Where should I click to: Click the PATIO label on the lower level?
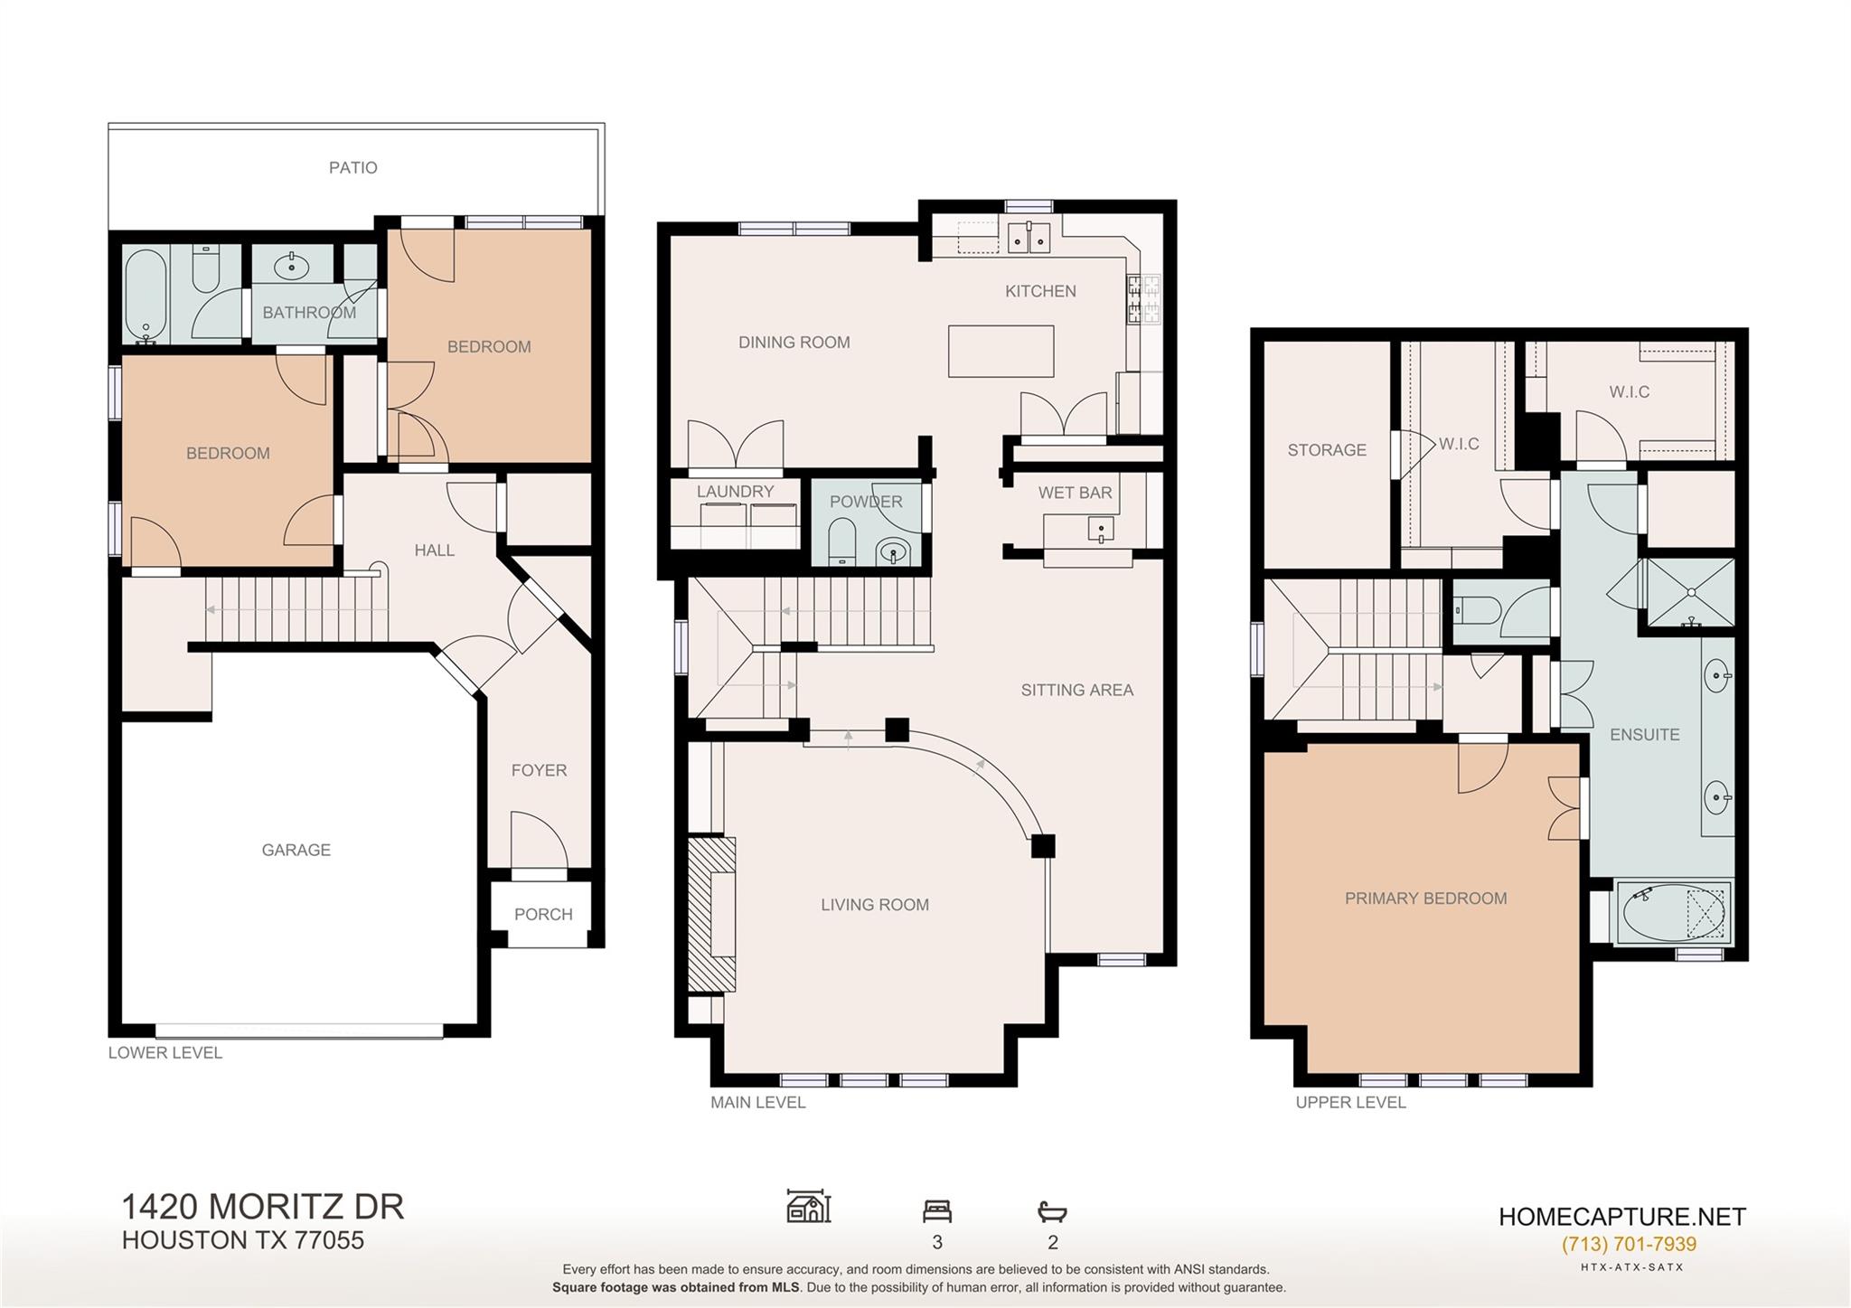[352, 167]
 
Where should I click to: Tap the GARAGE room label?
[296, 850]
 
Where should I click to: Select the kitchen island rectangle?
[1001, 351]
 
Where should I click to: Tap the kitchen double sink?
[1029, 237]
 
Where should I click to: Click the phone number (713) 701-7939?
[1629, 1244]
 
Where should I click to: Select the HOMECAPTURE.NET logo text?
[1622, 1217]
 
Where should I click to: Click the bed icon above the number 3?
[937, 1210]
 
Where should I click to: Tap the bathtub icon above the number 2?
[1052, 1211]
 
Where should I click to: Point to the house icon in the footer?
[809, 1206]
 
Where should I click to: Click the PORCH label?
[543, 914]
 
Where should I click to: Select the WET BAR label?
[1075, 493]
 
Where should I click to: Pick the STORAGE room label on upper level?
[1327, 449]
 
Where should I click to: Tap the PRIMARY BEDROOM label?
[1425, 898]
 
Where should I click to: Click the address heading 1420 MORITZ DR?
[263, 1207]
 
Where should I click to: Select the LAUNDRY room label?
[735, 491]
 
